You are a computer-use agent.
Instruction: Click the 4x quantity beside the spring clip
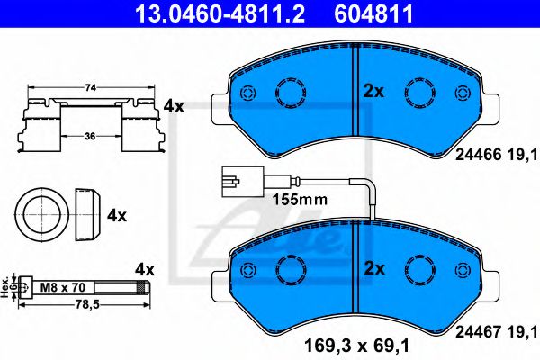pyautogui.click(x=174, y=107)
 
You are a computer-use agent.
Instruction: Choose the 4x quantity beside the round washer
pyautogui.click(x=118, y=217)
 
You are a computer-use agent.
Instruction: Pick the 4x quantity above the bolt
pyautogui.click(x=145, y=269)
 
